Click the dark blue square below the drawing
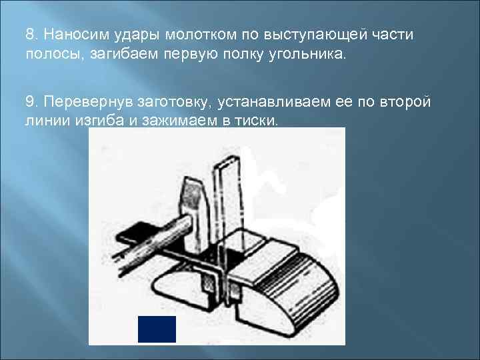(157, 329)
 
